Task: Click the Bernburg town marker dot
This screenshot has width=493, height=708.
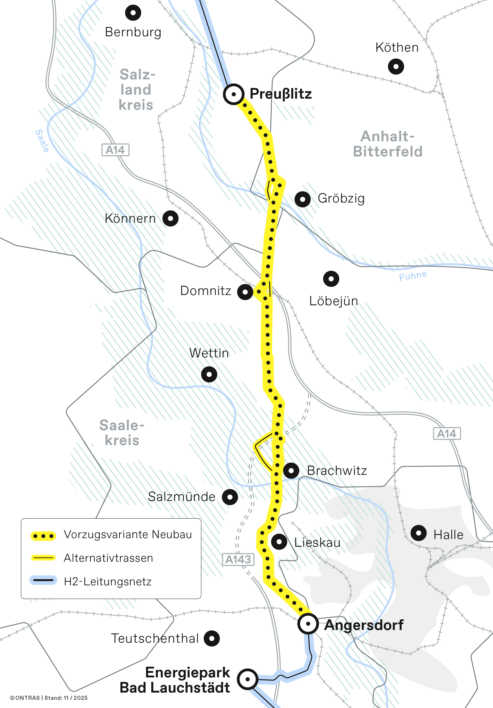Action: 133,13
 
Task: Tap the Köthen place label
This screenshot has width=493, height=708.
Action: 397,47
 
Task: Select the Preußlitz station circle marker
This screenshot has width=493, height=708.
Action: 233,94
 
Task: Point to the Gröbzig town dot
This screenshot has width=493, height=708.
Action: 303,199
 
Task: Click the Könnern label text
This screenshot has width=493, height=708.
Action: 130,218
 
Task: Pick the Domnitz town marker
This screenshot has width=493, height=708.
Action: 245,292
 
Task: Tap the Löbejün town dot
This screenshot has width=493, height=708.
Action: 331,279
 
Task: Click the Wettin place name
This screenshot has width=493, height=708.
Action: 209,353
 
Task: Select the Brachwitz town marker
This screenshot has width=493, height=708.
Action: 291,471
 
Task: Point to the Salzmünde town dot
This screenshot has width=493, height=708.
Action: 230,497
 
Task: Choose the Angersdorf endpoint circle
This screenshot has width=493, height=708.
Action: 308,623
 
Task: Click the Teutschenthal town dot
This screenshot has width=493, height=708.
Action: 212,638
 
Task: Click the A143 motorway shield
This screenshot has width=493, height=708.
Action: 238,559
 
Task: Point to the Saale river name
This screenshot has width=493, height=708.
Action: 42,141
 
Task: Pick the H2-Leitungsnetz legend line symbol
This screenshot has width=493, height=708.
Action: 43,580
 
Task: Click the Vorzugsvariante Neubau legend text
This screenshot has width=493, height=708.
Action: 128,534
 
